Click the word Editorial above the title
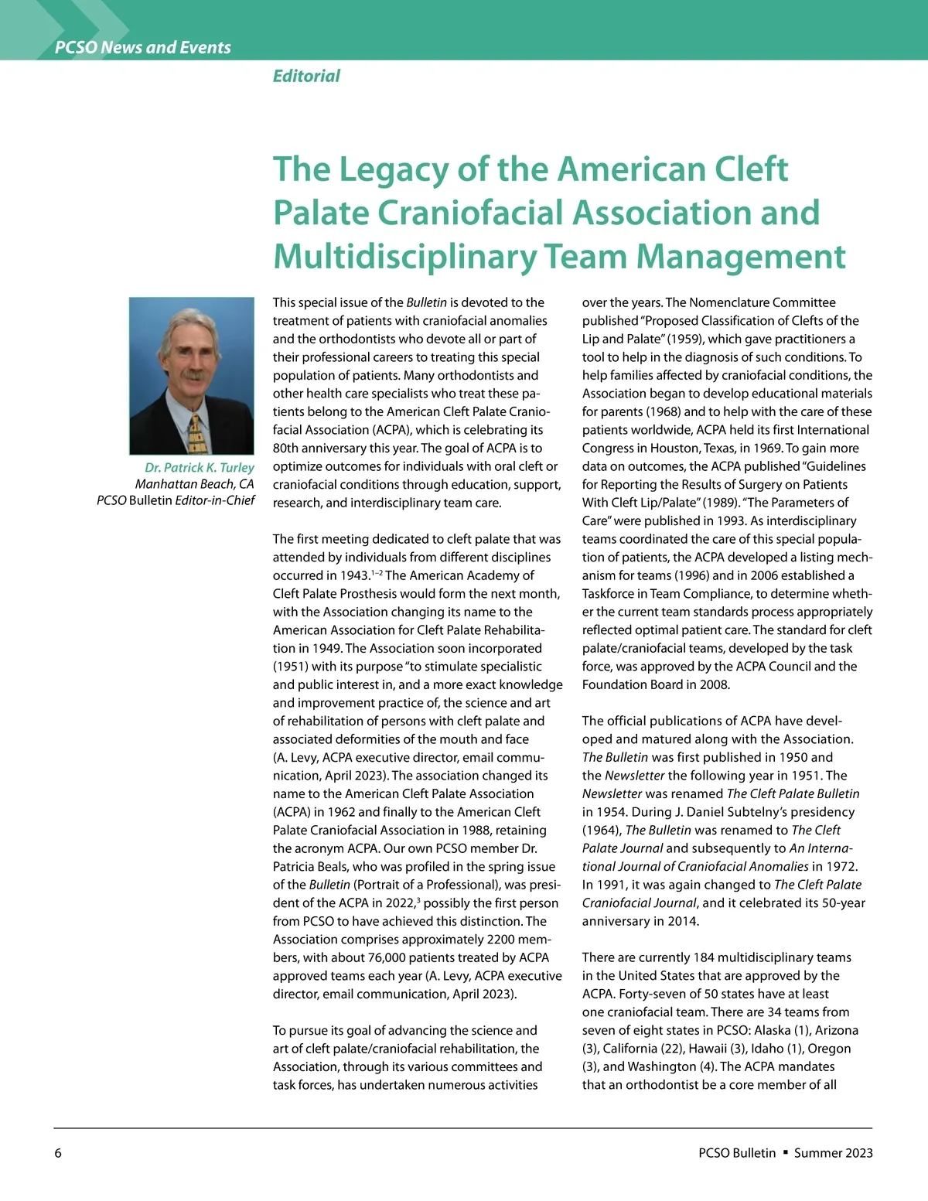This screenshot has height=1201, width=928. (x=306, y=76)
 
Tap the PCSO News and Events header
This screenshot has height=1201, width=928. (x=143, y=47)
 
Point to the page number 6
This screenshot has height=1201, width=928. (x=58, y=1153)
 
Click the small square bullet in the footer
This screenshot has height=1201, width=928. (x=785, y=1152)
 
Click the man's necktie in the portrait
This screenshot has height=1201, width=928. (x=196, y=434)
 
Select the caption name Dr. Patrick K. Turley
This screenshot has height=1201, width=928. (x=199, y=467)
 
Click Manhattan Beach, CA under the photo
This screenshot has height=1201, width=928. (x=194, y=484)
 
